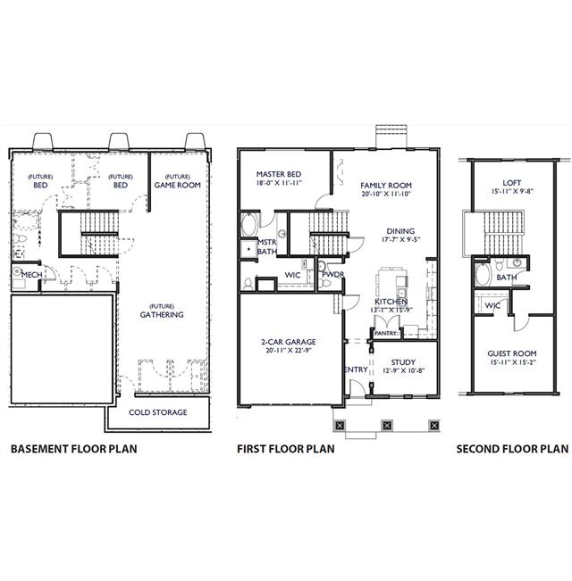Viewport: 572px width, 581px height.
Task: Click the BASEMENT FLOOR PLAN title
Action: [74, 449]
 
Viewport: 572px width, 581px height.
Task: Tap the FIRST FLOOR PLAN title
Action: [286, 449]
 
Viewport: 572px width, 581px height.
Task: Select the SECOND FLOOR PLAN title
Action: [512, 449]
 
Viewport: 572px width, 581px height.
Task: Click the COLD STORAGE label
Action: [158, 412]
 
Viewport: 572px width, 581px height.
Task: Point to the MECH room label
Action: [31, 275]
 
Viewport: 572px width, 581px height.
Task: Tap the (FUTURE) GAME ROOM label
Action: [177, 181]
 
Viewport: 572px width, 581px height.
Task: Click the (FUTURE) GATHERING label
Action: [162, 311]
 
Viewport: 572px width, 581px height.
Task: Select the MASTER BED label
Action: [279, 174]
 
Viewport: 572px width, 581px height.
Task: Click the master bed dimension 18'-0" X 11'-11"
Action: [279, 183]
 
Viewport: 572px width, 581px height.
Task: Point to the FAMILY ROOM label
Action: [386, 185]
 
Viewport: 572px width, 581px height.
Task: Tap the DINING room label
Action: [400, 231]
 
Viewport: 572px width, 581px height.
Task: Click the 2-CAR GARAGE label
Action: [289, 342]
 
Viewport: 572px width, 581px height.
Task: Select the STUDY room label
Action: [403, 362]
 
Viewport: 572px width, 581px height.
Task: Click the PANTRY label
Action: [386, 333]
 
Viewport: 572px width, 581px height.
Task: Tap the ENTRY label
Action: [356, 369]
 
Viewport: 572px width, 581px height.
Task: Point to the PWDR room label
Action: [333, 274]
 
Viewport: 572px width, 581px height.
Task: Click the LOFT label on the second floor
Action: [512, 183]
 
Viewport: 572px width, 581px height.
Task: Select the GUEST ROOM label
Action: [512, 353]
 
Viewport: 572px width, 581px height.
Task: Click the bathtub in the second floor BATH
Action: [484, 273]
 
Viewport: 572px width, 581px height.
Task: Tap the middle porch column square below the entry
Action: [387, 425]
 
